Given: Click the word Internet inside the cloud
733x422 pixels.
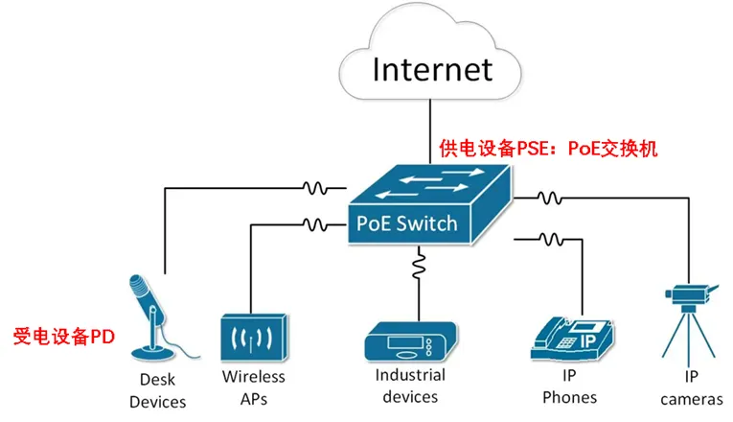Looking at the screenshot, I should pos(431,70).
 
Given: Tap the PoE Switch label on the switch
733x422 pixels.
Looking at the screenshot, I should pos(406,223).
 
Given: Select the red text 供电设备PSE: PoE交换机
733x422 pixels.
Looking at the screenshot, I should pos(549,149).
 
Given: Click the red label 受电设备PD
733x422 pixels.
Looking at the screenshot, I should pos(63,337).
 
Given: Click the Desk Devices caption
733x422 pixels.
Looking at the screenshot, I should pos(157,390).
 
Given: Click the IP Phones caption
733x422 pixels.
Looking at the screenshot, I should pos(569,387).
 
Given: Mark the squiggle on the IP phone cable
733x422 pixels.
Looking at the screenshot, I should pos(550,238).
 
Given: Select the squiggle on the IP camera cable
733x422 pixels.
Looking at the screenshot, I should pos(548,199).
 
